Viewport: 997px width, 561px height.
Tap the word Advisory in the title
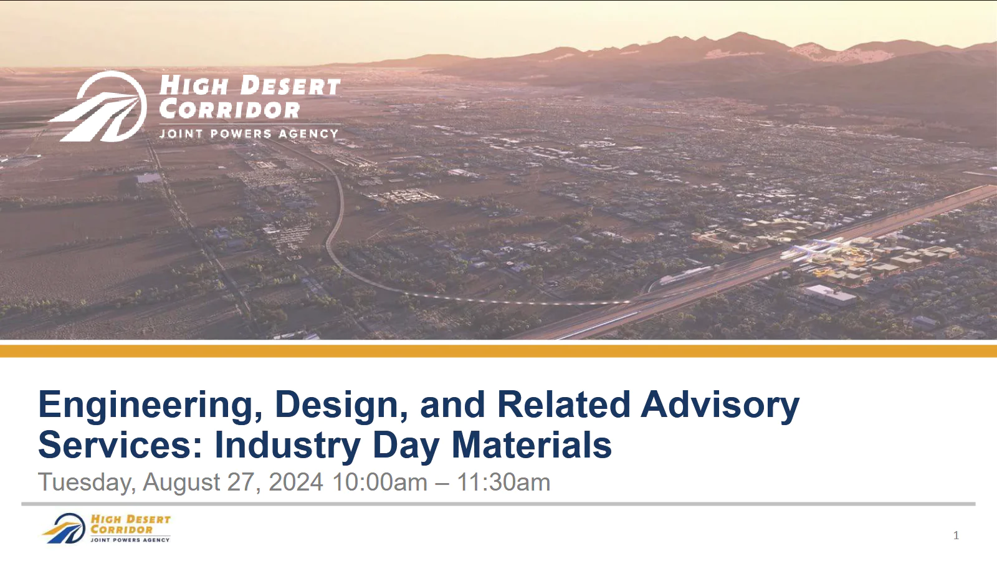point(720,405)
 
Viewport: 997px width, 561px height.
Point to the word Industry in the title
point(287,445)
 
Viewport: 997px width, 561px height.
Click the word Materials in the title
point(532,445)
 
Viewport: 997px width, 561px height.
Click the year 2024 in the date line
point(296,482)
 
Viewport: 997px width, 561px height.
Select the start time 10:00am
point(379,482)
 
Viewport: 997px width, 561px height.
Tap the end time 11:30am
point(503,482)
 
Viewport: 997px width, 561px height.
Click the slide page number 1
point(956,535)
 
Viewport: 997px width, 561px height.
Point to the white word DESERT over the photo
point(290,85)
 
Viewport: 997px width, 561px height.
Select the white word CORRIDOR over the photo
point(230,110)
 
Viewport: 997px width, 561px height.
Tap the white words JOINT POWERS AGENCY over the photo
point(249,133)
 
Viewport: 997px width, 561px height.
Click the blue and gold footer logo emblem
point(64,529)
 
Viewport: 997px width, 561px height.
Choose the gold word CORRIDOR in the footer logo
point(122,530)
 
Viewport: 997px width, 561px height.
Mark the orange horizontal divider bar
point(499,351)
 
